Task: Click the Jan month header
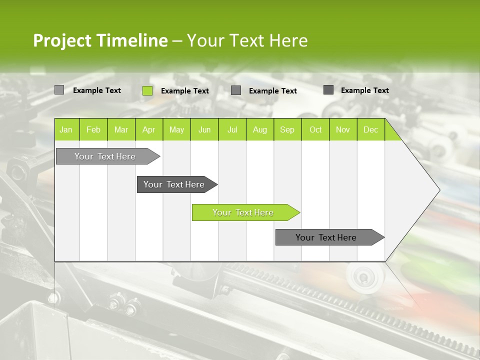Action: (x=66, y=130)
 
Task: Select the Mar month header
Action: (x=121, y=130)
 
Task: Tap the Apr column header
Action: (x=148, y=130)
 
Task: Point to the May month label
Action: (x=176, y=130)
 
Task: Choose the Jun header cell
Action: (x=204, y=130)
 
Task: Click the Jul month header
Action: (x=232, y=130)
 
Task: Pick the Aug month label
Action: (x=260, y=130)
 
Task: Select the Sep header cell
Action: (x=287, y=130)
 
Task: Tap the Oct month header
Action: (x=315, y=130)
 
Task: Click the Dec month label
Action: (x=371, y=130)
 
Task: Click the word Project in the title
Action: (x=63, y=40)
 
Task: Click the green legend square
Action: (x=147, y=90)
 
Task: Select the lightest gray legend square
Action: (x=59, y=90)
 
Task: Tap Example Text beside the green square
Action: (x=185, y=91)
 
